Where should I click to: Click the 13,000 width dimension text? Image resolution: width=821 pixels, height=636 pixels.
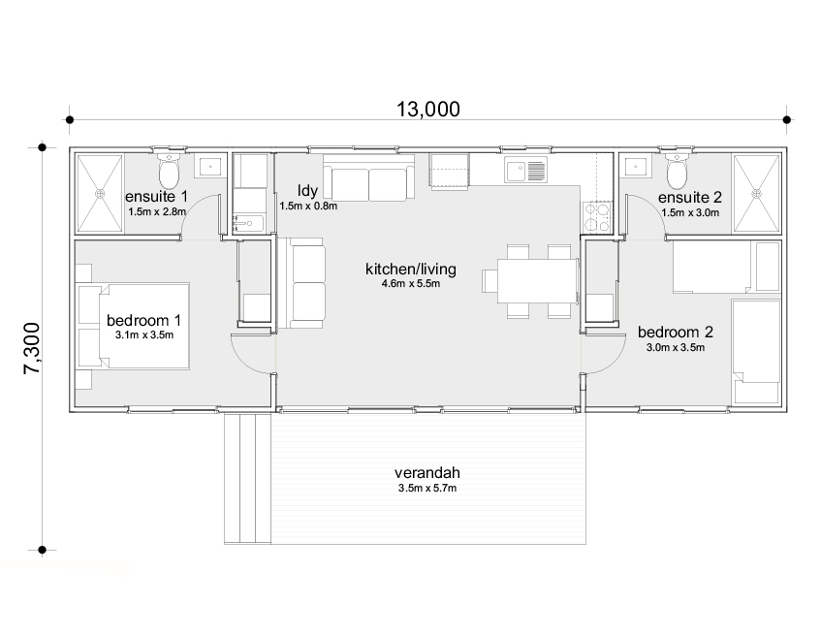[427, 109]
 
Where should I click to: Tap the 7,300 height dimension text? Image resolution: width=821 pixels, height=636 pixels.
[32, 348]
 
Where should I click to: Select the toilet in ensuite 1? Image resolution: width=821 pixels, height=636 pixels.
[169, 171]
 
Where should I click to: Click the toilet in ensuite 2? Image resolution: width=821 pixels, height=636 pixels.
[677, 171]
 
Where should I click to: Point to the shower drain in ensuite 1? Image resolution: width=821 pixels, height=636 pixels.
[100, 193]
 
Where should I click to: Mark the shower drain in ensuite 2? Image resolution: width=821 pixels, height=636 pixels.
[757, 193]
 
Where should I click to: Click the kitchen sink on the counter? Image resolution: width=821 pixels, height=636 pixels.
[525, 170]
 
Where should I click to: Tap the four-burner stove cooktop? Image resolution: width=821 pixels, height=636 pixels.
[597, 216]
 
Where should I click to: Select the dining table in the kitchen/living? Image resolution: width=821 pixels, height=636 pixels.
[537, 281]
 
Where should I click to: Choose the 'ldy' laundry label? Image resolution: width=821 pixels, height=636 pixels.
[307, 190]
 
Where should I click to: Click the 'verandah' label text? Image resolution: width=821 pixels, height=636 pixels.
[427, 472]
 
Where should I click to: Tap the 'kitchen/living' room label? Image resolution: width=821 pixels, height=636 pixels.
[411, 270]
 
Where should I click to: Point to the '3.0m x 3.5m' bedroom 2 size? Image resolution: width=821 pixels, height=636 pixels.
[676, 347]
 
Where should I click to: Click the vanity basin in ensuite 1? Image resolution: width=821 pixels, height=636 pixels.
[210, 166]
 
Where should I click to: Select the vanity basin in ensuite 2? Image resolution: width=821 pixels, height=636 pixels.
[635, 166]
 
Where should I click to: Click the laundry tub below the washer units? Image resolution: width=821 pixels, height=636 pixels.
[250, 223]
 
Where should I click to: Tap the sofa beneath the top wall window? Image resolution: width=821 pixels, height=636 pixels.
[368, 177]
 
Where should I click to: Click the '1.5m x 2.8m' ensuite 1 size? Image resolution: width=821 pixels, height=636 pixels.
[157, 211]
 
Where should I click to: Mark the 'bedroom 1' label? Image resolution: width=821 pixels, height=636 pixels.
[144, 320]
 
